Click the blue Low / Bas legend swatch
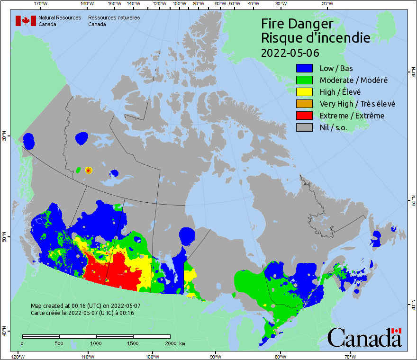point(304,68)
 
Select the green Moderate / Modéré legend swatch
point(304,80)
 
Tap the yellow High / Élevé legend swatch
point(304,92)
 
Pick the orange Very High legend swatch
point(304,104)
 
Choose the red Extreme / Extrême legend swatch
point(304,116)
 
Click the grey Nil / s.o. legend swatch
point(304,127)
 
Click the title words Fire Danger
point(297,24)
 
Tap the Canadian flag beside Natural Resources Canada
point(26,21)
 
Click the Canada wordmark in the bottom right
point(364,338)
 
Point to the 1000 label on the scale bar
point(96,343)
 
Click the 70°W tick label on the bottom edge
point(350,356)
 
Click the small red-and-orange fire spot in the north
point(89,170)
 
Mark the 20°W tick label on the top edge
point(326,4)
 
